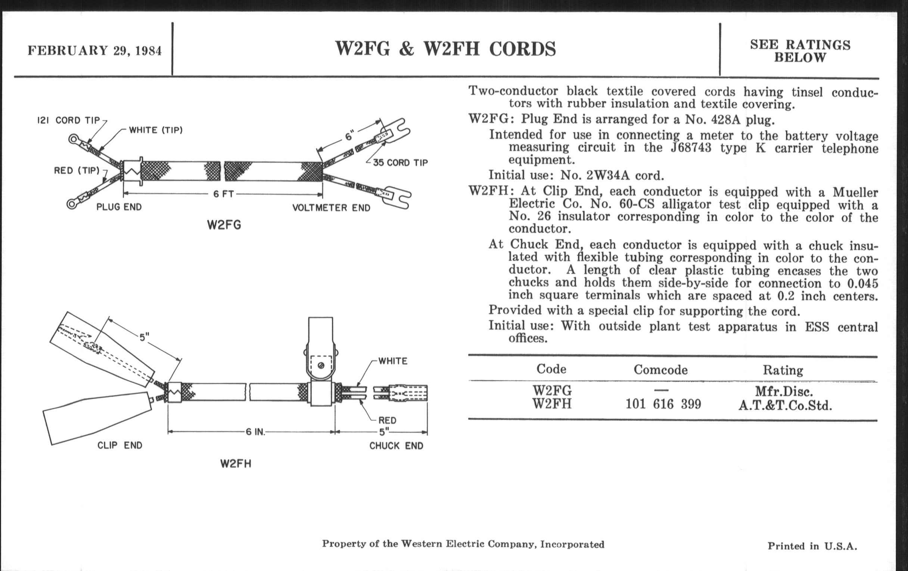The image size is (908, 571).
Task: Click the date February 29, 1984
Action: (95, 50)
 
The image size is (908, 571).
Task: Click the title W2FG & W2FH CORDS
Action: (445, 49)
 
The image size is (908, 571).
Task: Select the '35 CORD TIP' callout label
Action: (401, 163)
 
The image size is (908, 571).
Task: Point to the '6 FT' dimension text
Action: (224, 194)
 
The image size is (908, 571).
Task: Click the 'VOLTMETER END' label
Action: (332, 208)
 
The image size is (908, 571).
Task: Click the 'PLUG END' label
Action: (119, 207)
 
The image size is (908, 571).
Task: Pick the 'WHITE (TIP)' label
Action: (156, 130)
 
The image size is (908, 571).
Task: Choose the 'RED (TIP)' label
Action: (77, 171)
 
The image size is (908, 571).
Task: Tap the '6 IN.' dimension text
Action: (255, 432)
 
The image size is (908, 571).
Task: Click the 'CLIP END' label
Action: (120, 446)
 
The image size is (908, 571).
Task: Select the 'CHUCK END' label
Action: (396, 446)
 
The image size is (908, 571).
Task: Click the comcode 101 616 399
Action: (663, 405)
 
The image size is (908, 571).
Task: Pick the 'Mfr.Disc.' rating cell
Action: (784, 391)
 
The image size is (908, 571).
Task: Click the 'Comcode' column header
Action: (660, 369)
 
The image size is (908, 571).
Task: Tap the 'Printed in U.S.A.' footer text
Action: (812, 546)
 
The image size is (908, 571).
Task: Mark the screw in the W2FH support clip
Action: (321, 365)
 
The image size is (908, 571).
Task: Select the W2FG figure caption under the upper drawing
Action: (224, 225)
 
